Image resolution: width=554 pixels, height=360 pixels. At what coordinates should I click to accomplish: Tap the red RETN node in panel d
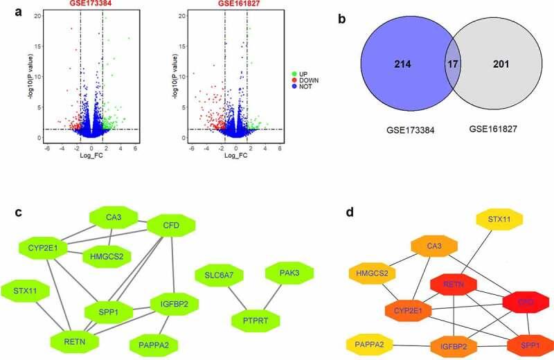pos(454,284)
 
